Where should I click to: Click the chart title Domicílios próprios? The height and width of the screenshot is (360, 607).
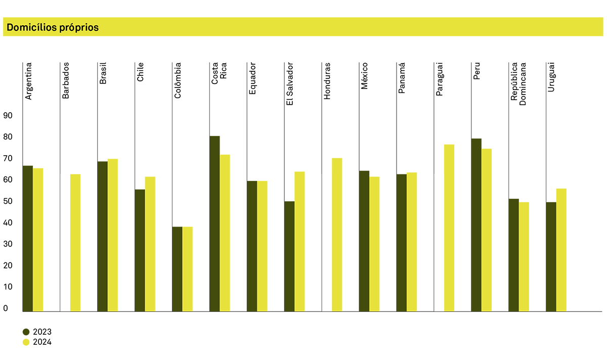(x=53, y=27)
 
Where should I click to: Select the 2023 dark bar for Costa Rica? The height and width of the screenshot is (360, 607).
(x=214, y=223)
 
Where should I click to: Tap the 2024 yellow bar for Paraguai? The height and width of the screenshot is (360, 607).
(x=449, y=228)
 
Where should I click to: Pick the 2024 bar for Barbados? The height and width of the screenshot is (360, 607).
(x=75, y=242)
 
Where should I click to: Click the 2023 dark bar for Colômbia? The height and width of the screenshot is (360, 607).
(x=177, y=268)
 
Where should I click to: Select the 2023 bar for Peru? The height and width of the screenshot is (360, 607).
(x=476, y=224)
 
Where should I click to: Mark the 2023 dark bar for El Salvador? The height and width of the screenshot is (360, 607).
(x=289, y=256)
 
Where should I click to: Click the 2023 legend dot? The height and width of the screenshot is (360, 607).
(x=26, y=332)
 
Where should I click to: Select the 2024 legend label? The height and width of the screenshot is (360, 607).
(x=42, y=342)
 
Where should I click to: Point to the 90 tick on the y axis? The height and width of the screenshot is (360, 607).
(x=8, y=116)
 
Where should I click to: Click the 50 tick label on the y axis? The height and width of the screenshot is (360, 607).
(x=8, y=201)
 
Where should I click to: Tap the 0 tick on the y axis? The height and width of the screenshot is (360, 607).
(x=6, y=308)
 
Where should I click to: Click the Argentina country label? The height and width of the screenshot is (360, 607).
(x=29, y=81)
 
